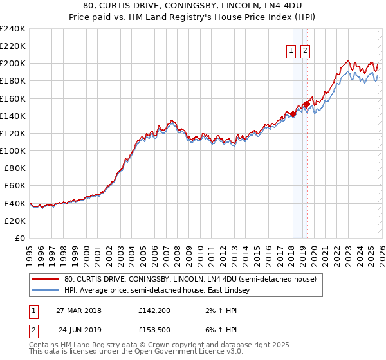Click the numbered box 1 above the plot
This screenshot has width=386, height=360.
[x=291, y=51]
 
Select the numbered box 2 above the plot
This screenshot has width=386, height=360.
[x=305, y=51]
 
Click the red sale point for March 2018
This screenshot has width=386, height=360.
[x=293, y=114]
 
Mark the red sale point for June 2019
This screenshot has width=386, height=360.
[x=307, y=104]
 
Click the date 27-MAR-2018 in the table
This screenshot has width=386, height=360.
[x=79, y=310]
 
